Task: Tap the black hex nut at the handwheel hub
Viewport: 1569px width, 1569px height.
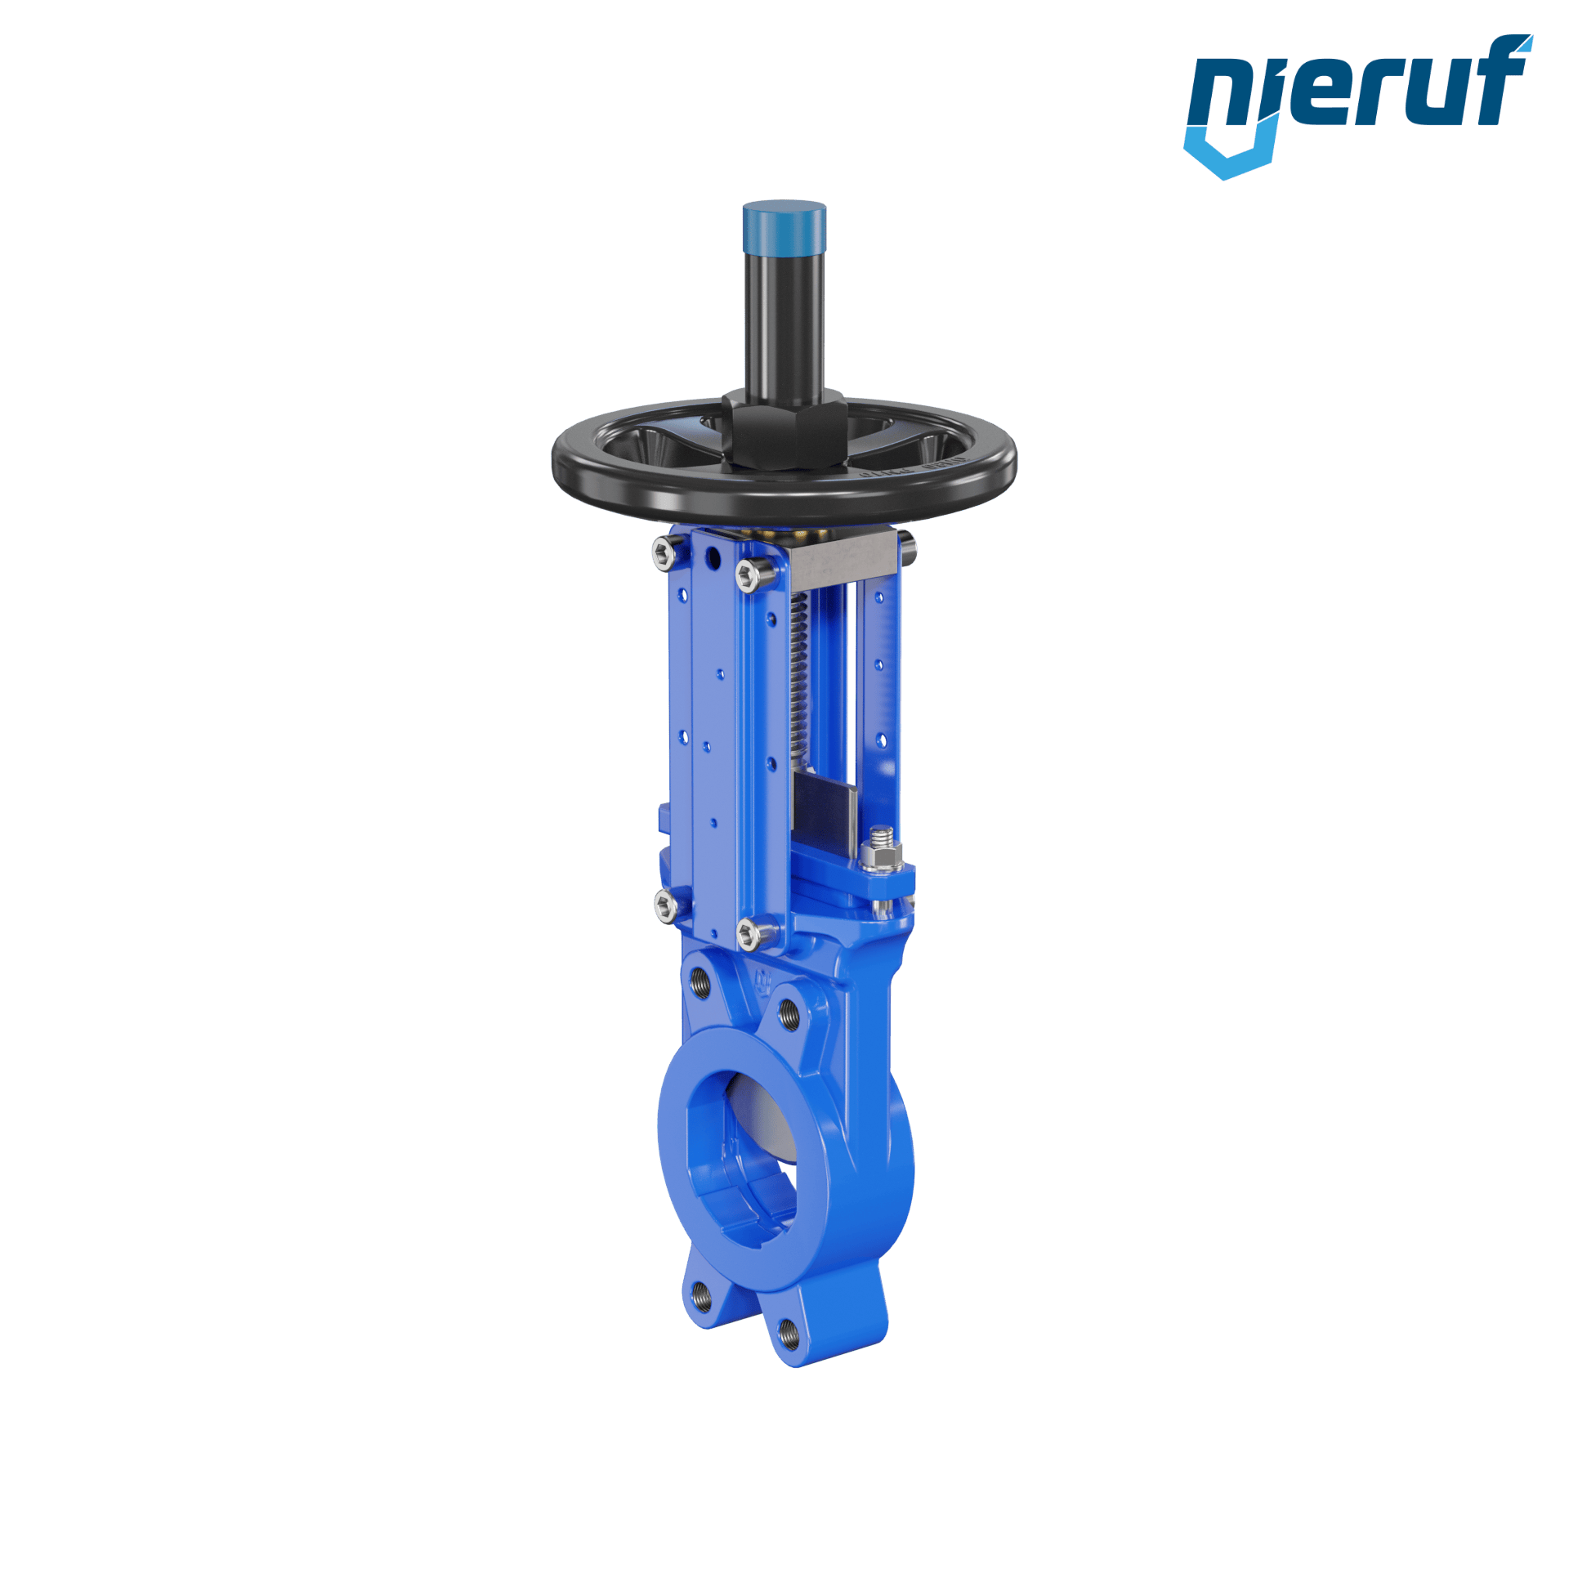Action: point(783,429)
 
